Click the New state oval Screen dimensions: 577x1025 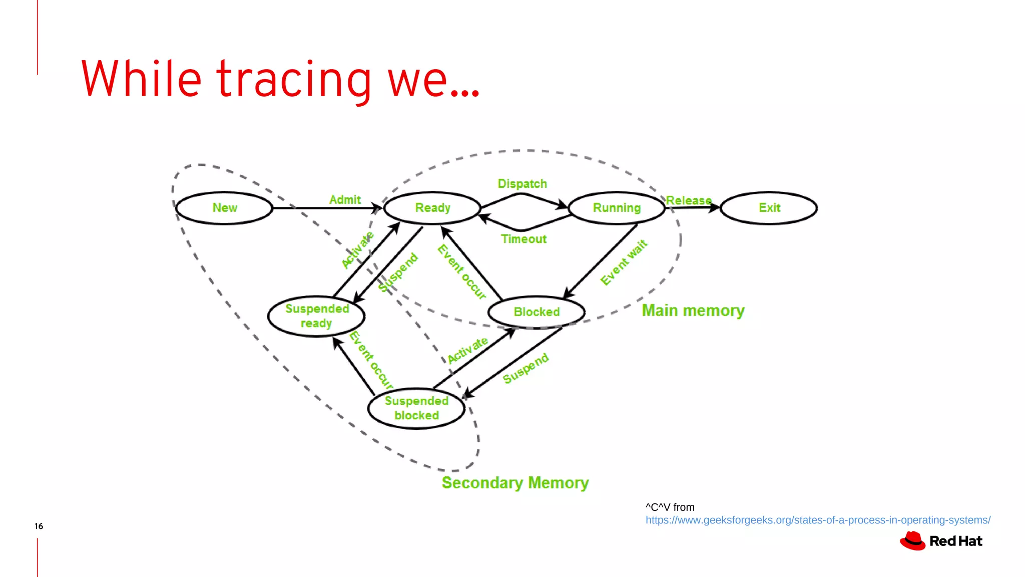[224, 208]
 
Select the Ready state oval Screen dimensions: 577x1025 [432, 208]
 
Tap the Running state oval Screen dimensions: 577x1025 [617, 208]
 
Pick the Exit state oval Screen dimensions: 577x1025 [769, 208]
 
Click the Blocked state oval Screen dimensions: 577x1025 [537, 312]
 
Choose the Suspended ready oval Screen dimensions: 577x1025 [316, 316]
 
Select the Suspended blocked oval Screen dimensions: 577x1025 [416, 408]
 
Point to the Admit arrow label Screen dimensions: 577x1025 [345, 200]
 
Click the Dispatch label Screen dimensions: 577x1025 [522, 184]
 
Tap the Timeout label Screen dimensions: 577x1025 [524, 239]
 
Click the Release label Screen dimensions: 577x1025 [689, 200]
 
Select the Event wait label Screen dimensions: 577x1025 [624, 262]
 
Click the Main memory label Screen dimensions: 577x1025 [693, 311]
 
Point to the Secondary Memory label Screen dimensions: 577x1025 [515, 483]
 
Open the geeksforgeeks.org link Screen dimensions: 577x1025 [818, 520]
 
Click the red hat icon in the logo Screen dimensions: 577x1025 [913, 541]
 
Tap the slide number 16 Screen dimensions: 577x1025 [39, 526]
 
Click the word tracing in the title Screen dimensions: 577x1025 [294, 80]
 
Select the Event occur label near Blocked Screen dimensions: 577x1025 [461, 272]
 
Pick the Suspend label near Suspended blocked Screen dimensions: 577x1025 [526, 368]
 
